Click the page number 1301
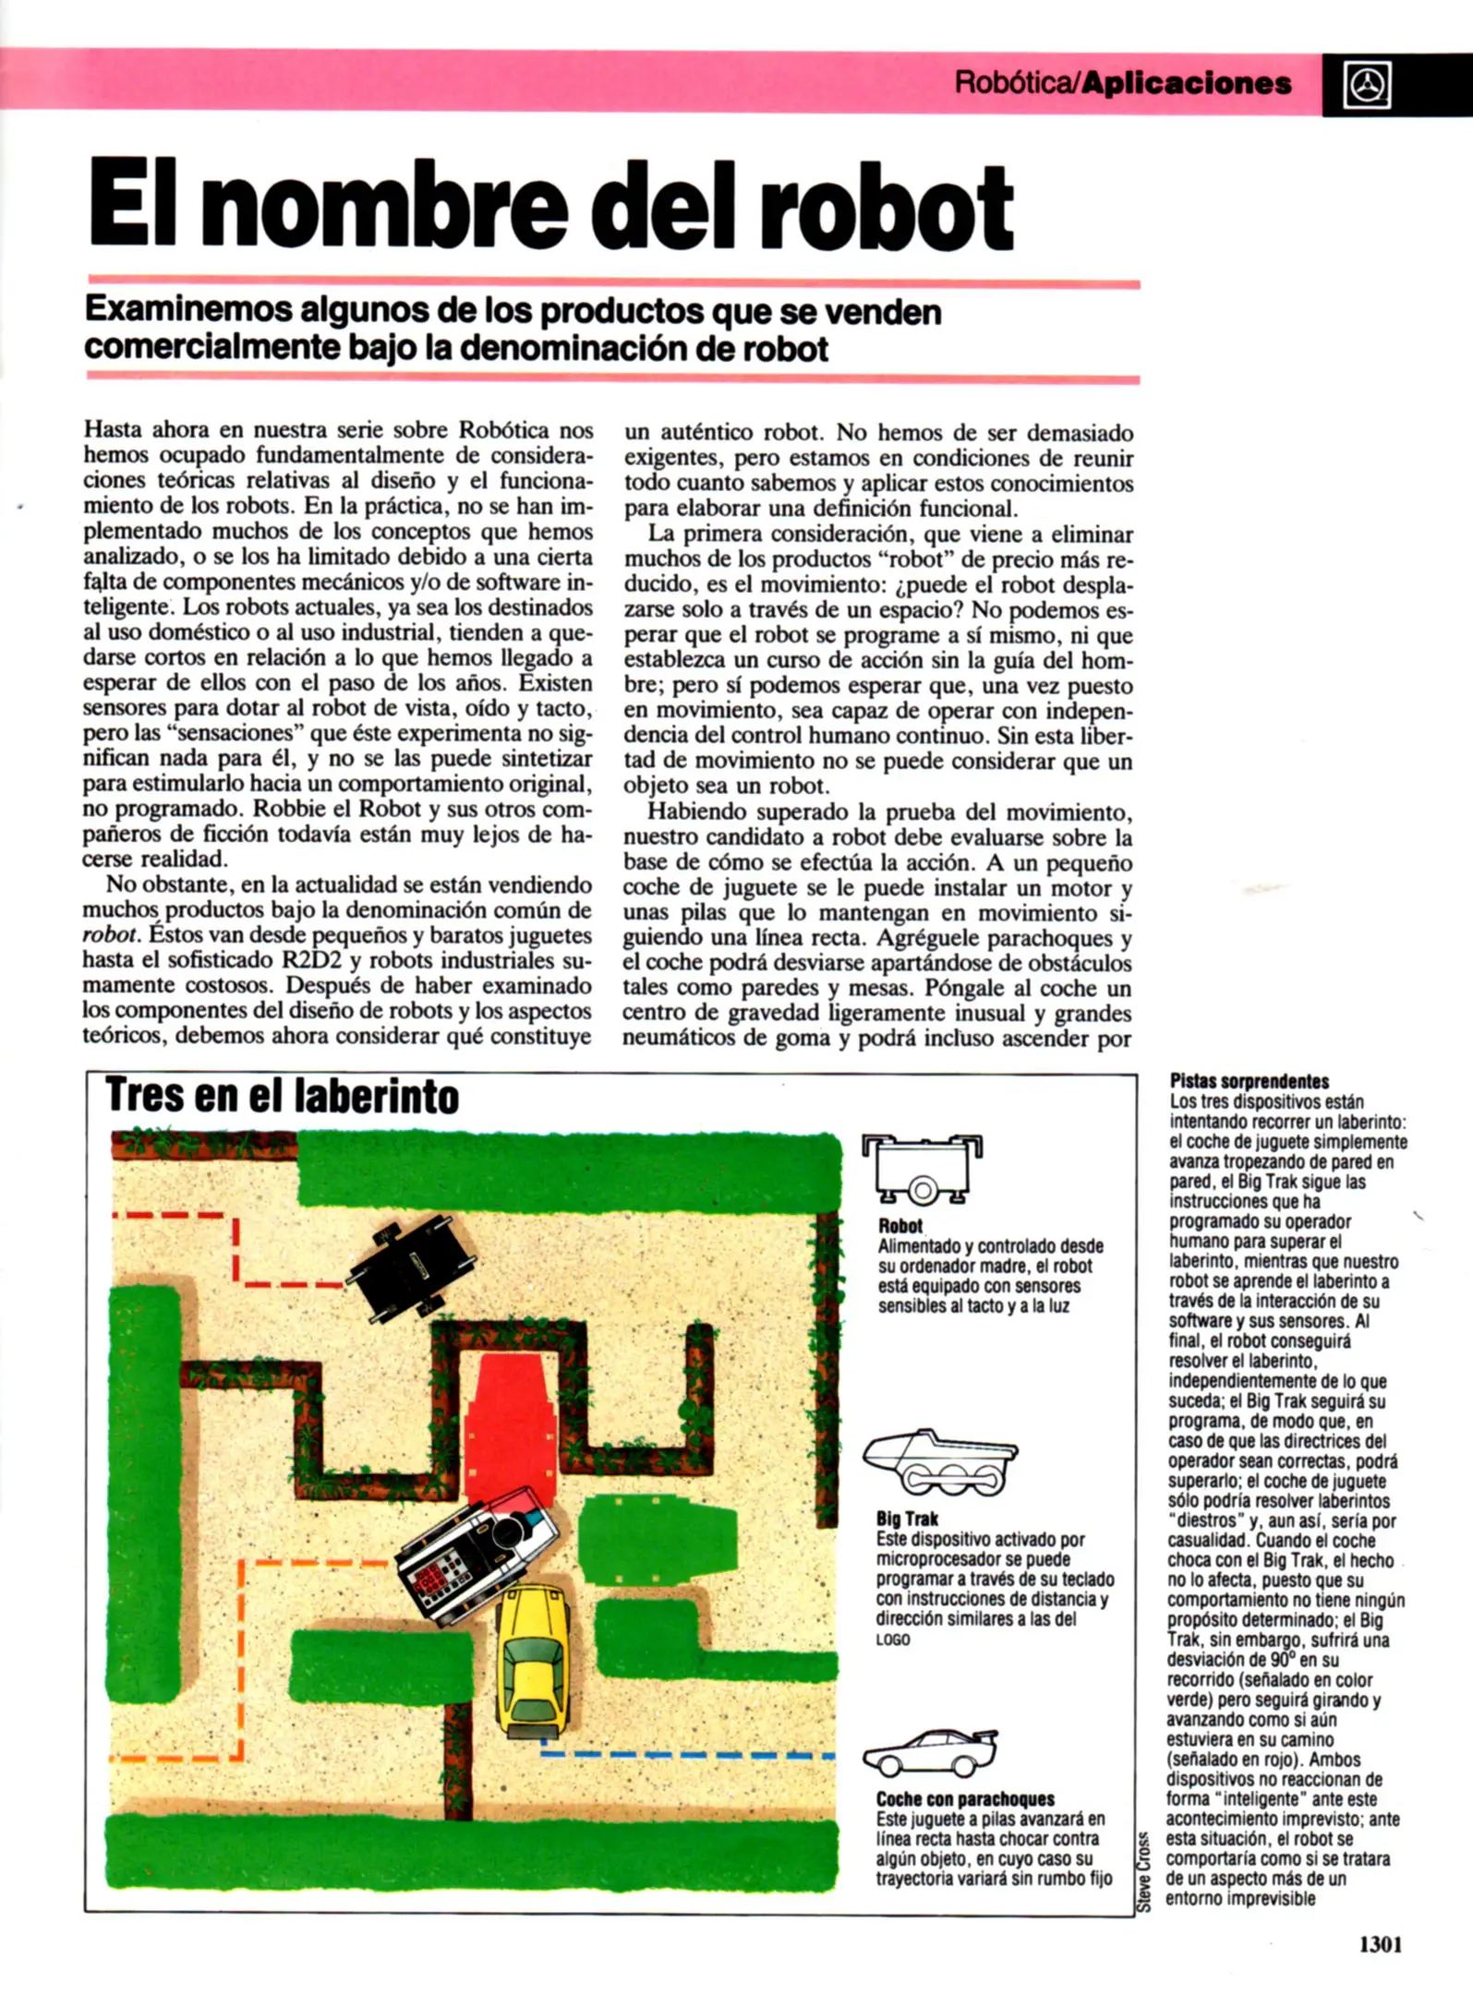pyautogui.click(x=1380, y=1943)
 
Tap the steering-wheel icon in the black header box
pyautogui.click(x=1367, y=86)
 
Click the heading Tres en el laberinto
pyautogui.click(x=282, y=1096)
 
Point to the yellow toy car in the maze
pyautogui.click(x=533, y=1662)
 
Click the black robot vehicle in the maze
pyautogui.click(x=411, y=1266)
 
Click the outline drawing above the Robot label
pyautogui.click(x=922, y=1170)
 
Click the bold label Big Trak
pyautogui.click(x=907, y=1519)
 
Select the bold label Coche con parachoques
pyautogui.click(x=964, y=1798)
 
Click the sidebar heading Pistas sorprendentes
pyautogui.click(x=1249, y=1081)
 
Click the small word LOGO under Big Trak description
pyautogui.click(x=893, y=1640)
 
